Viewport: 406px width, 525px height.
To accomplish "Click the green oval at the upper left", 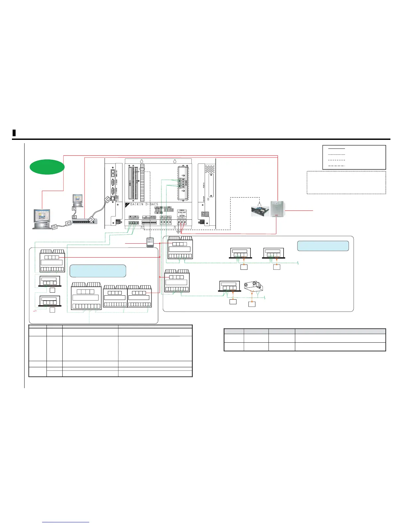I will click(x=47, y=167).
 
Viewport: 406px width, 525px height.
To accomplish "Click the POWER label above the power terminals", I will click(x=181, y=210).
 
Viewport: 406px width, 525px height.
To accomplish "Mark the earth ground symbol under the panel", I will click(x=178, y=231).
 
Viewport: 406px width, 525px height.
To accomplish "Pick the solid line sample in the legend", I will click(x=336, y=149).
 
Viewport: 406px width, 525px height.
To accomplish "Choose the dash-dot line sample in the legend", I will click(x=336, y=165).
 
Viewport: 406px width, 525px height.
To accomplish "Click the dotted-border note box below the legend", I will click(x=346, y=182).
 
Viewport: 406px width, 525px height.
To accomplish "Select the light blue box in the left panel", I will click(x=98, y=271).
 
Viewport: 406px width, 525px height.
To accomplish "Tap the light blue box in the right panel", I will click(x=323, y=246).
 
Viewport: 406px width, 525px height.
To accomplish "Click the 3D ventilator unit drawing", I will click(x=253, y=286).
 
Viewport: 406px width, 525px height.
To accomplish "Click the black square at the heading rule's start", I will click(x=14, y=133).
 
